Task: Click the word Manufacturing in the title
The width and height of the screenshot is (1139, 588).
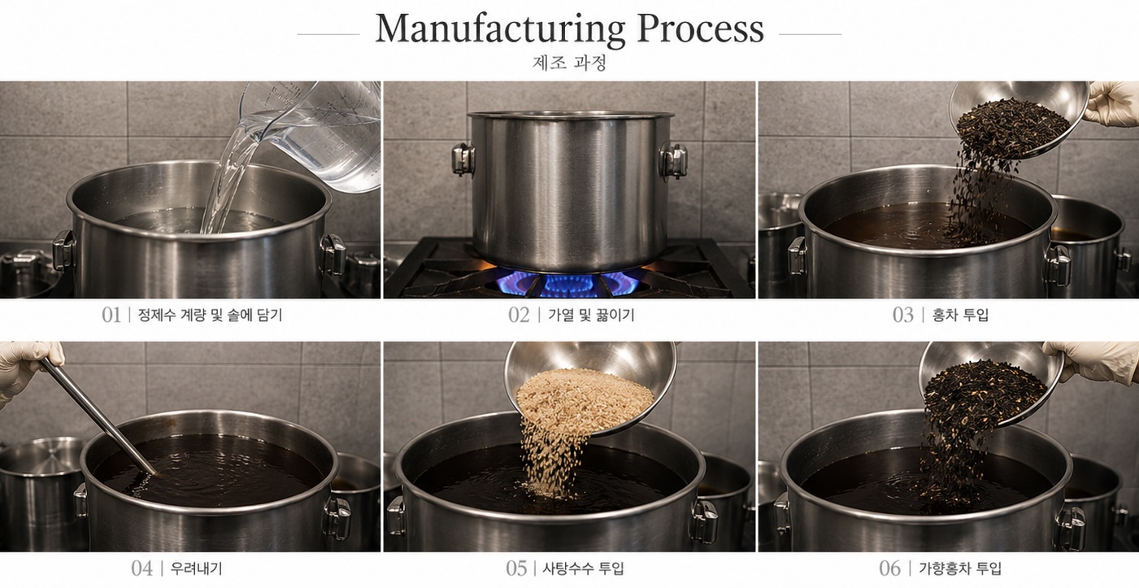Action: coord(500,29)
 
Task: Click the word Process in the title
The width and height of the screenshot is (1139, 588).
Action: coord(700,28)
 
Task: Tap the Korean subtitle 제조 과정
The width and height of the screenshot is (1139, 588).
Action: coord(569,63)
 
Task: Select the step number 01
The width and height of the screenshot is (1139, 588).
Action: coord(111,315)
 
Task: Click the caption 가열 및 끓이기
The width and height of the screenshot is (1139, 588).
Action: coord(591,315)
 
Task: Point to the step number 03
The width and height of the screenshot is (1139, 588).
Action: coord(903,315)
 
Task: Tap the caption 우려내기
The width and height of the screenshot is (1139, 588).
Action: coord(196,568)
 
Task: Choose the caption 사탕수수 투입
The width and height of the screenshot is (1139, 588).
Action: coord(583,568)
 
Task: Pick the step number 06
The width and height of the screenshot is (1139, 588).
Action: coord(890,568)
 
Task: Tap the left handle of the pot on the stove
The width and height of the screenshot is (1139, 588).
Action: coord(463,159)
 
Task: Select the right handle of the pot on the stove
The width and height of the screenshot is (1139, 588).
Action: coord(674,161)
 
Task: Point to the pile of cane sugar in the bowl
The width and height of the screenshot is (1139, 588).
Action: coord(585,401)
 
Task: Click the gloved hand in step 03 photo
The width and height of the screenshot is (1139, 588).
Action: coord(1112,103)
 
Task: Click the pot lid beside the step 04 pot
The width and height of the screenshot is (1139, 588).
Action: coord(41,455)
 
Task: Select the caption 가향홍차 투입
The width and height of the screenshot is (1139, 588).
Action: coord(960,568)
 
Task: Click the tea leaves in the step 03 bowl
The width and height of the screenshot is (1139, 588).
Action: coord(1012,125)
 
